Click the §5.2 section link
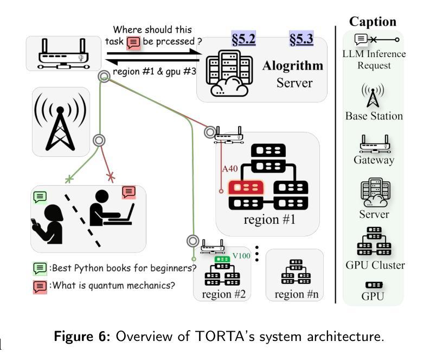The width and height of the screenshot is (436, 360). click(x=243, y=39)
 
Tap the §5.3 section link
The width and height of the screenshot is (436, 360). click(x=302, y=39)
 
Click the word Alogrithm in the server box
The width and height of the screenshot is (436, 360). click(x=293, y=66)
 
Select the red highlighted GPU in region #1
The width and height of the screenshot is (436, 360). click(x=246, y=187)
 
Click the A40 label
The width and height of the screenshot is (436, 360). click(x=230, y=169)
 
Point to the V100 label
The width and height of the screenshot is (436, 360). click(x=241, y=256)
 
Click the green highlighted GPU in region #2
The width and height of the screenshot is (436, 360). click(x=222, y=259)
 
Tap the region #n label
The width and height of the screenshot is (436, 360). click(x=297, y=294)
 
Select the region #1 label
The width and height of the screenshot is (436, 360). click(x=270, y=219)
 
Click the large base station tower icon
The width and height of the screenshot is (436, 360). click(x=60, y=122)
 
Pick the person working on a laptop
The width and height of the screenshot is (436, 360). click(x=111, y=208)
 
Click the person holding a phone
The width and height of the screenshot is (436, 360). click(x=47, y=224)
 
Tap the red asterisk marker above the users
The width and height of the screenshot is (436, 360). click(x=111, y=177)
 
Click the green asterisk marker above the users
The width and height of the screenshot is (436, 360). click(x=69, y=179)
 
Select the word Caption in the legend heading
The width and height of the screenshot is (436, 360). click(x=373, y=22)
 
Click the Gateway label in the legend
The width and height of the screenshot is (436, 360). click(x=374, y=160)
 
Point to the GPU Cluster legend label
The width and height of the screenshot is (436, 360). click(x=375, y=265)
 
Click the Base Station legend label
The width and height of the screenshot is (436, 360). click(x=374, y=116)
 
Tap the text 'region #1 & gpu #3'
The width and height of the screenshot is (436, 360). click(x=155, y=72)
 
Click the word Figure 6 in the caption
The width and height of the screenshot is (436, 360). click(x=82, y=336)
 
